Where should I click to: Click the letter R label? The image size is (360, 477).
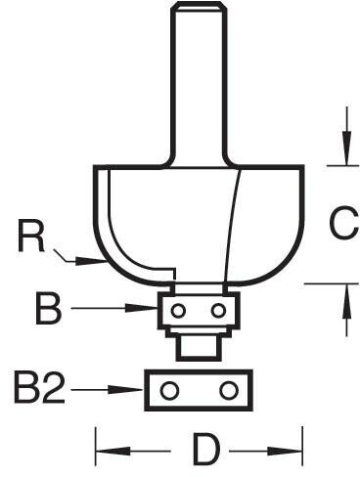(x=31, y=236)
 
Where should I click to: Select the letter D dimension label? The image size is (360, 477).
(x=205, y=450)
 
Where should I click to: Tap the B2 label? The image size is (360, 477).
(x=38, y=388)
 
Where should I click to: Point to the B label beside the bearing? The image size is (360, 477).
(x=48, y=309)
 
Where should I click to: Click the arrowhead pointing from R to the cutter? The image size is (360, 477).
(x=88, y=261)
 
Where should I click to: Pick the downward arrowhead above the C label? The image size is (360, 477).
(x=347, y=148)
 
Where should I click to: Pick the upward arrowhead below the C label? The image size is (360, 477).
(x=347, y=300)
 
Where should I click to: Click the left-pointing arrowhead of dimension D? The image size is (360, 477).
(x=113, y=452)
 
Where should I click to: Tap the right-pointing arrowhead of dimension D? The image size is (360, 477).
(x=285, y=452)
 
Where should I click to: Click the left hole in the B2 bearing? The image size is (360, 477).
(x=169, y=390)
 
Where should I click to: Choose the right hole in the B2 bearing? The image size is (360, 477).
(x=228, y=390)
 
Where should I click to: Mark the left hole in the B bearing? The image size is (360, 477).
(x=178, y=311)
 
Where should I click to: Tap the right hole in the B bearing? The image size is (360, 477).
(x=218, y=311)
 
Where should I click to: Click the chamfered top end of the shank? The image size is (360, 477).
(x=199, y=6)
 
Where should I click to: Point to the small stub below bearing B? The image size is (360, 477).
(x=198, y=349)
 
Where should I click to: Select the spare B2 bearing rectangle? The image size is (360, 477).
(x=199, y=390)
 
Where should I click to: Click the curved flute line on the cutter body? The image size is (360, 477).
(x=233, y=225)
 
